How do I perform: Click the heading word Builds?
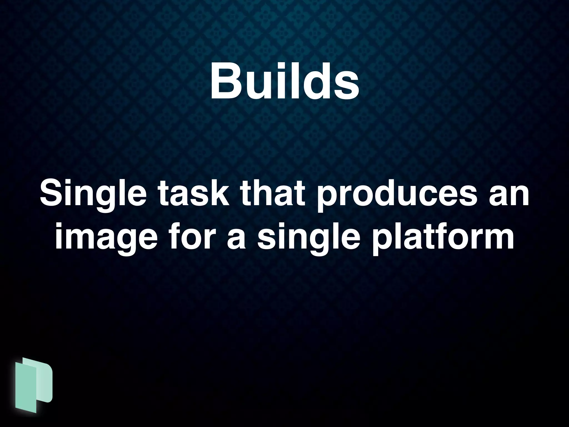[284, 81]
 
